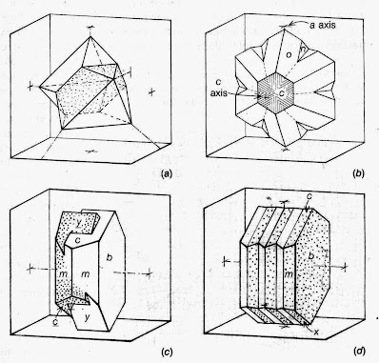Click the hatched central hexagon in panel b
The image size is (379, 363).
[271, 95]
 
